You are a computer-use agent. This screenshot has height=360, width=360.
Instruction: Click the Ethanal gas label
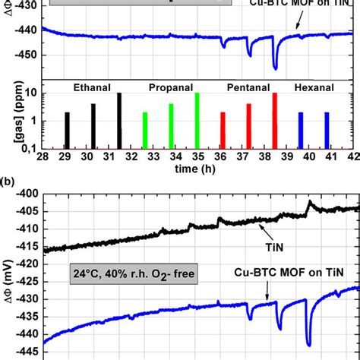92,87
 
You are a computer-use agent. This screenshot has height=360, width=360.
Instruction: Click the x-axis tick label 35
197,156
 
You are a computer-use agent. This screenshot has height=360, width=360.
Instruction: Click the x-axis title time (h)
197,169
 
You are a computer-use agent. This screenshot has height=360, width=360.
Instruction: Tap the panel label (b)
8,183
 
